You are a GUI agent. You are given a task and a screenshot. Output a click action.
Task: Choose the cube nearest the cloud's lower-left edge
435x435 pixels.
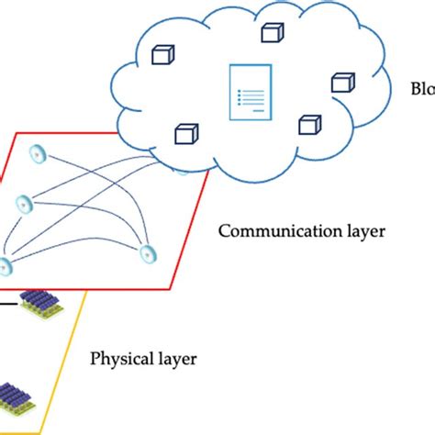(x=187, y=133)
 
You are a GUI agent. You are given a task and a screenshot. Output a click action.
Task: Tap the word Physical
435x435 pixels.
(x=120, y=356)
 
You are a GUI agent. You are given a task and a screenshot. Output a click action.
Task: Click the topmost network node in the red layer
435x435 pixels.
(x=39, y=152)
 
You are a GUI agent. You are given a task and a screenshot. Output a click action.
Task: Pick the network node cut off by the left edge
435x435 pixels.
(x=5, y=267)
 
